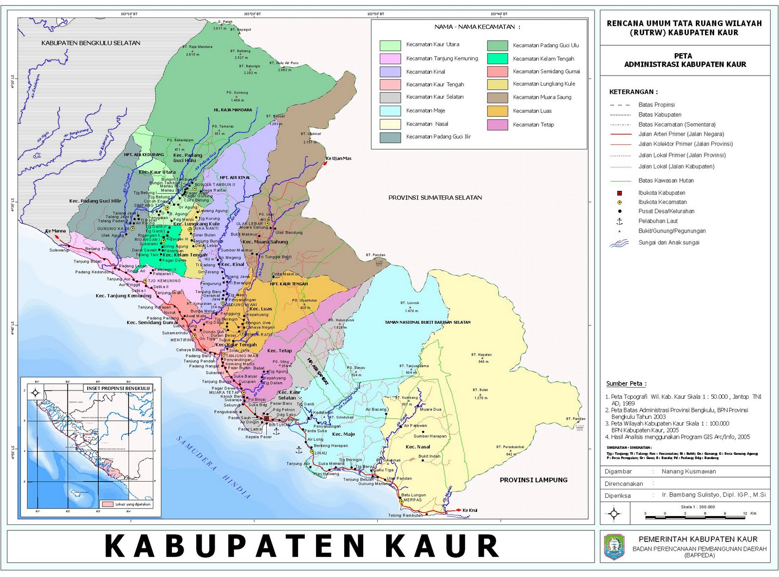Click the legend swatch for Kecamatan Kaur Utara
(390, 45)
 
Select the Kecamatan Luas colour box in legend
(497, 111)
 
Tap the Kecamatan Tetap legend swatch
(497, 125)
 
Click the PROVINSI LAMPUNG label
(533, 480)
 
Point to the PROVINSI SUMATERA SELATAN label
(435, 198)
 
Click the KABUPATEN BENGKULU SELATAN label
(91, 43)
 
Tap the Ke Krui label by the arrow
(469, 510)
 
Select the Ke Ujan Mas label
(338, 158)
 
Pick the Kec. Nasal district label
(418, 447)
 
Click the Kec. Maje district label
(343, 434)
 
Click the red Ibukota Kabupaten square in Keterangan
(619, 193)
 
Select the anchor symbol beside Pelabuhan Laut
(619, 221)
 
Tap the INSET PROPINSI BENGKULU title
(118, 388)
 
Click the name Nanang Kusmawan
(688, 471)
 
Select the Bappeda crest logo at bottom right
(613, 547)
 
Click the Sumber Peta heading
(626, 384)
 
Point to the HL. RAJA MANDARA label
(233, 110)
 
